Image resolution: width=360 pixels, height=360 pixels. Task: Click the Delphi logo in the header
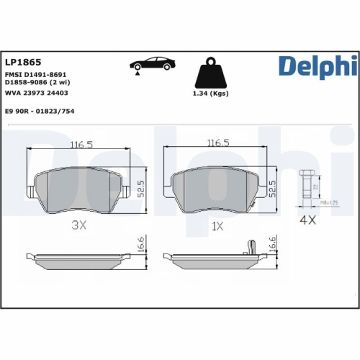(x=316, y=69)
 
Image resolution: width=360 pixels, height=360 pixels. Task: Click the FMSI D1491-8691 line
(x=36, y=75)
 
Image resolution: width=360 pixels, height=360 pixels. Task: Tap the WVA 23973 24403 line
(x=37, y=93)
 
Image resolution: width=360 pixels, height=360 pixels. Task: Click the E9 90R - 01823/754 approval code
(x=40, y=111)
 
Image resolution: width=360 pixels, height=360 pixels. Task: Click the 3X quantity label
(x=79, y=225)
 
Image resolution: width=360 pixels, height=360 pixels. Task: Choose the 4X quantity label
(x=307, y=220)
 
